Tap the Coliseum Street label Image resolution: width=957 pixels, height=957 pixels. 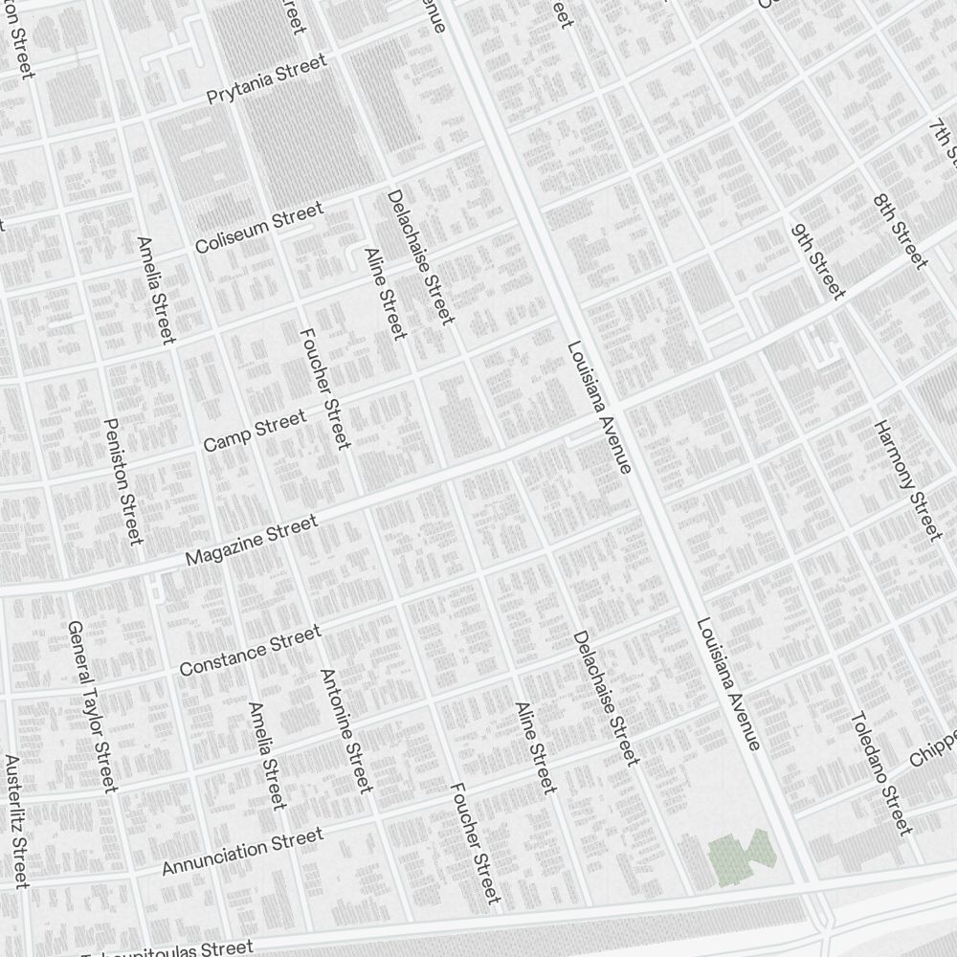(258, 229)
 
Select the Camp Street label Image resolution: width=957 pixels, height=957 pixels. (255, 431)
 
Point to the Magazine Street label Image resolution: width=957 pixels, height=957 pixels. (251, 541)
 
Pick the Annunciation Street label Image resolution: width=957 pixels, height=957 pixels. (242, 852)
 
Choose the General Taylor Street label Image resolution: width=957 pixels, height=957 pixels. (92, 706)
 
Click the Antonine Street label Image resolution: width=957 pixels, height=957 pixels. (345, 730)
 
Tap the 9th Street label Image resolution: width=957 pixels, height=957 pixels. (817, 260)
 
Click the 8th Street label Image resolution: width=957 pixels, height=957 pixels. (900, 231)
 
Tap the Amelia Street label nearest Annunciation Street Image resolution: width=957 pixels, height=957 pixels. (266, 755)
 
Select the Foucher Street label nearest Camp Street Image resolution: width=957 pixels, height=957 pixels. (325, 388)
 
